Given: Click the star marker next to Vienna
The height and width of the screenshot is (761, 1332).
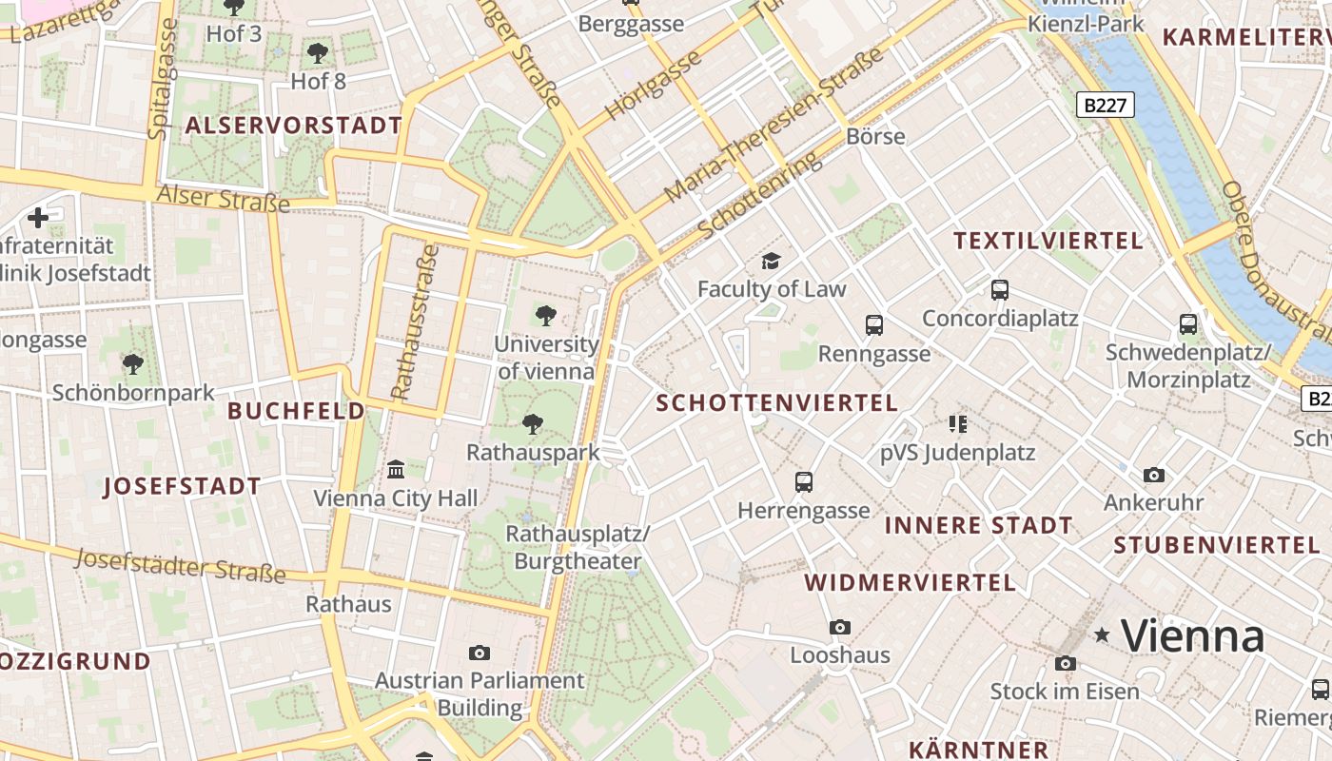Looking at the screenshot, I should pos(1103,634).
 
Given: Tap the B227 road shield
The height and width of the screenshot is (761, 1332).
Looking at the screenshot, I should pos(1106,106).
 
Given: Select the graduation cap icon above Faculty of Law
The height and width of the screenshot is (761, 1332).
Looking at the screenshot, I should pos(771,261).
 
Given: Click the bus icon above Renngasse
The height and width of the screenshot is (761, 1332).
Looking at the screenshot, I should pos(874,325).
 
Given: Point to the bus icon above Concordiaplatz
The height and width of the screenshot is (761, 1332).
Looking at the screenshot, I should pos(999,290).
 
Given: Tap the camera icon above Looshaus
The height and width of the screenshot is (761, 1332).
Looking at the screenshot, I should pos(839,627).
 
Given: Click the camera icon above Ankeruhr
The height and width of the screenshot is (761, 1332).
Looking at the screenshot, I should pos(1153,475).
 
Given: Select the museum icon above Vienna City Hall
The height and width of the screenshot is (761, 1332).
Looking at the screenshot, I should pos(396,469).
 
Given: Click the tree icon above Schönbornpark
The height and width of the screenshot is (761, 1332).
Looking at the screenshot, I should pos(132,363).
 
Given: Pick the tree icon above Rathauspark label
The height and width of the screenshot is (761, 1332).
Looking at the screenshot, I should pos(533,423).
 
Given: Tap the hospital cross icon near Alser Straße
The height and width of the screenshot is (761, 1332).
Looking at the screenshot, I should pos(38,218).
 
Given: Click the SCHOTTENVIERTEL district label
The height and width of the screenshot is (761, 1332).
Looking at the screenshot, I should pos(776,403).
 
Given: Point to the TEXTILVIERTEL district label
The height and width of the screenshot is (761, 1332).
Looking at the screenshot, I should pos(1048,242).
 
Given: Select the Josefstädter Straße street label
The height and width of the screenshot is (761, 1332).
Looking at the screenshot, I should pos(180,565).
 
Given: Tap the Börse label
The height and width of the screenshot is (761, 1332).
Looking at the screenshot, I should pos(875,136).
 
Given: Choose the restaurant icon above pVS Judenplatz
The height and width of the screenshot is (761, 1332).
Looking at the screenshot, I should pos(957,423).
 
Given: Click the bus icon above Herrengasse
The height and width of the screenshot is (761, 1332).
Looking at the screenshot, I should pos(804,482).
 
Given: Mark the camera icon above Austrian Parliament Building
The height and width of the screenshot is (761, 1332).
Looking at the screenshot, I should pos(480,653).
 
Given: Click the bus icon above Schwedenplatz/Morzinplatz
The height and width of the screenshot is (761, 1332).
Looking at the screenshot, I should pos(1188,324).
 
